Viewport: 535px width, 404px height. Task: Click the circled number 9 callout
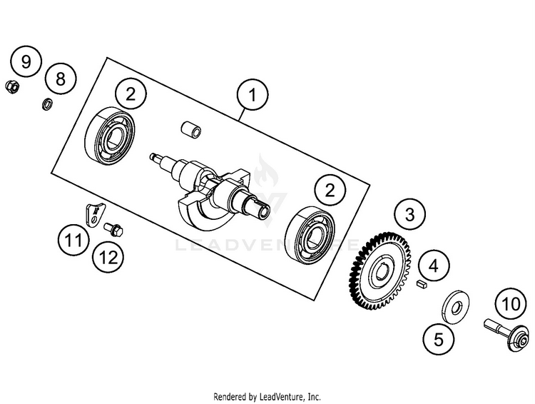pos(26,61)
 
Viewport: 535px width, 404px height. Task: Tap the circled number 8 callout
pos(60,79)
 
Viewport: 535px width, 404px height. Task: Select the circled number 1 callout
pos(250,94)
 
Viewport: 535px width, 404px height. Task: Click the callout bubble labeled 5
pos(438,338)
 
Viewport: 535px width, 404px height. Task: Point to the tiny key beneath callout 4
pos(422,283)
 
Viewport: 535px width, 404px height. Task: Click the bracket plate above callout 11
pos(93,213)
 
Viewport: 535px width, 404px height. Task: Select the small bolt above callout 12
pos(113,229)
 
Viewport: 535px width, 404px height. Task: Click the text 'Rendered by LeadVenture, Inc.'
pos(267,396)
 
